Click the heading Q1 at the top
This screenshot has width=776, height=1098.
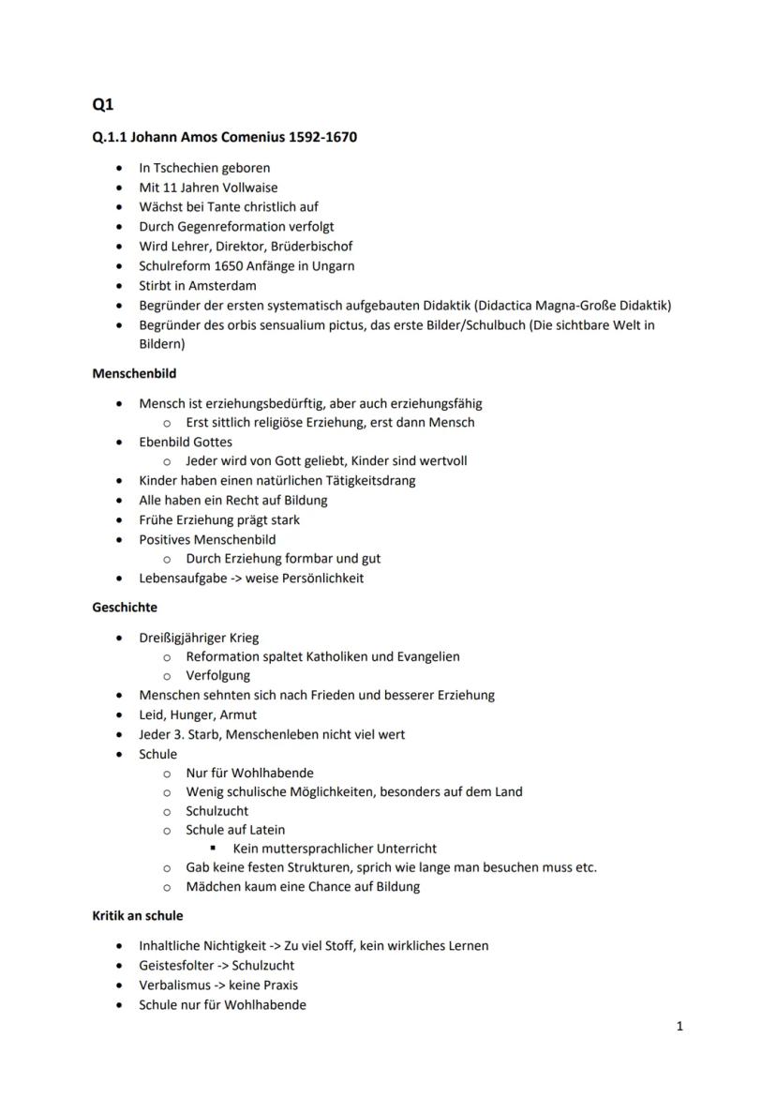point(102,105)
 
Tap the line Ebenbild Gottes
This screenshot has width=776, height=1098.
point(186,442)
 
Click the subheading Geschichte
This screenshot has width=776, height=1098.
point(125,608)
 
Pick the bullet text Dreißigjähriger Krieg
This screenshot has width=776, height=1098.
point(199,638)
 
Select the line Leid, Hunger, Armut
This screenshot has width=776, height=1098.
point(198,715)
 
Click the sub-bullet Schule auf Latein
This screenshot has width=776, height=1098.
point(235,830)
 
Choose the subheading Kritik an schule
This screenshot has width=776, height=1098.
point(138,916)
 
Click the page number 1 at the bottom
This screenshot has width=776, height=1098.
point(679,1027)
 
